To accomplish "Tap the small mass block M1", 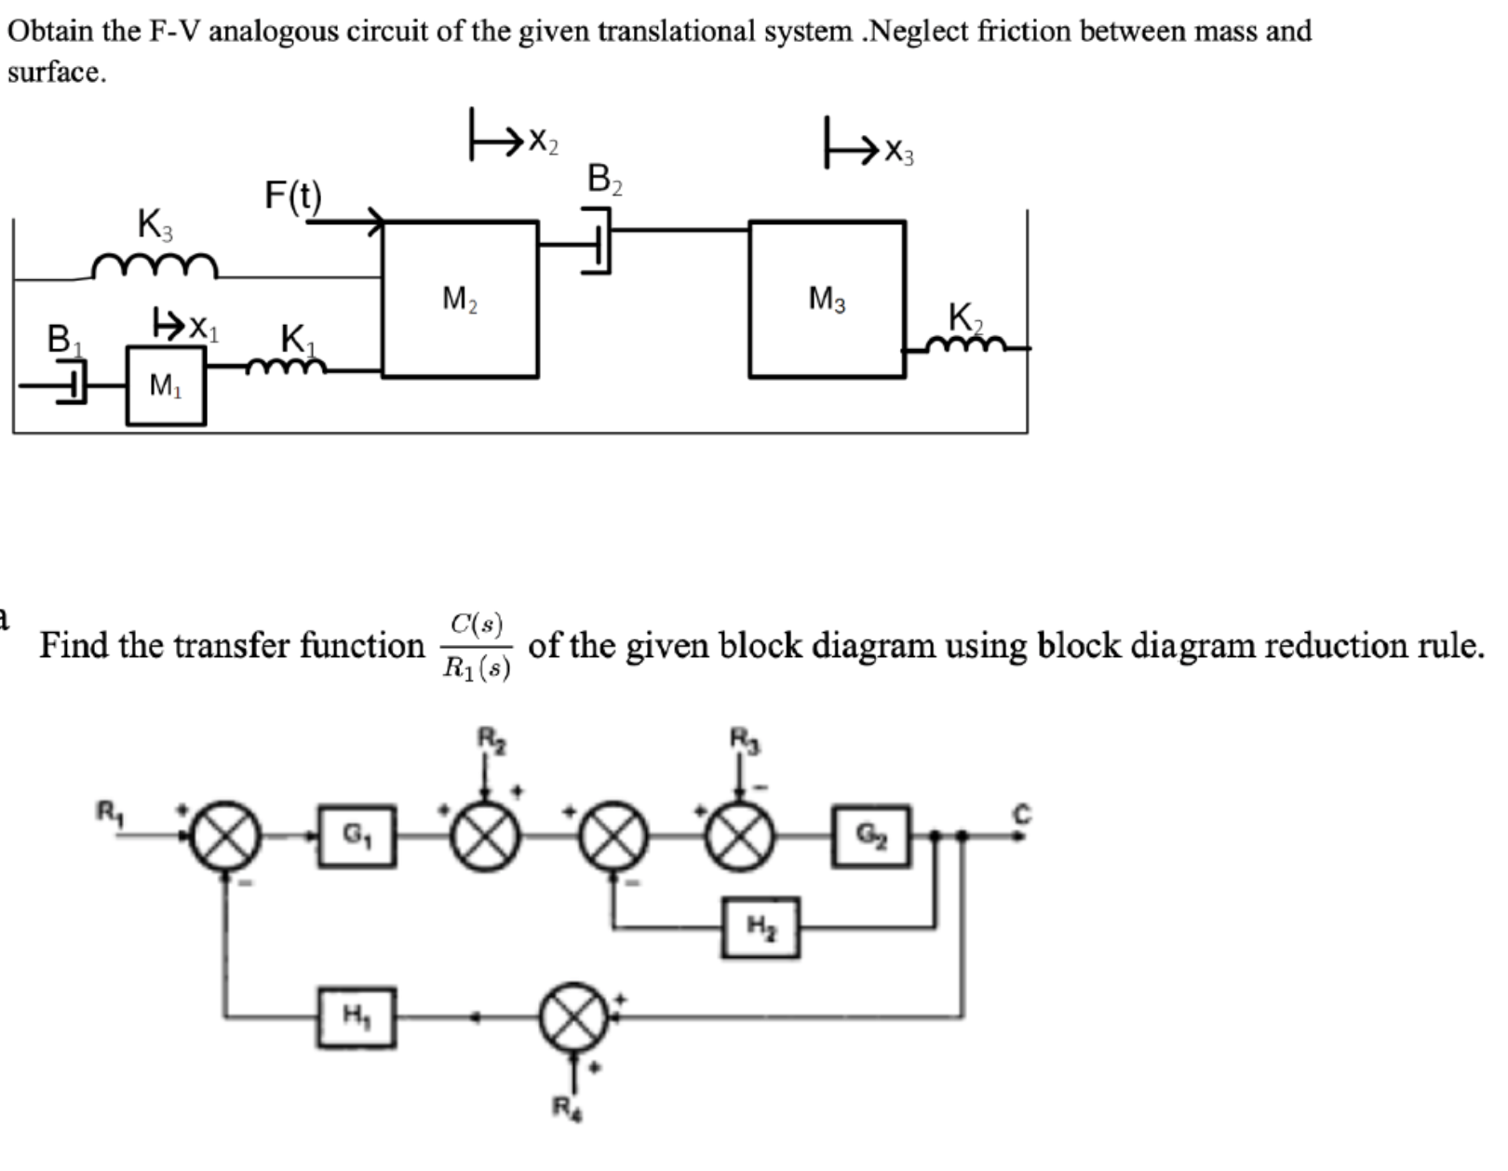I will click(166, 385).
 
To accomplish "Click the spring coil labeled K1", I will click(287, 367).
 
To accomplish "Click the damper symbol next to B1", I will click(71, 384).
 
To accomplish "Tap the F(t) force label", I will click(293, 196).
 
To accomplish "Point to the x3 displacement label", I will click(898, 151).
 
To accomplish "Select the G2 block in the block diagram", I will click(870, 836).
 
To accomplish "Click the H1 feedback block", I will click(354, 1016).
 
